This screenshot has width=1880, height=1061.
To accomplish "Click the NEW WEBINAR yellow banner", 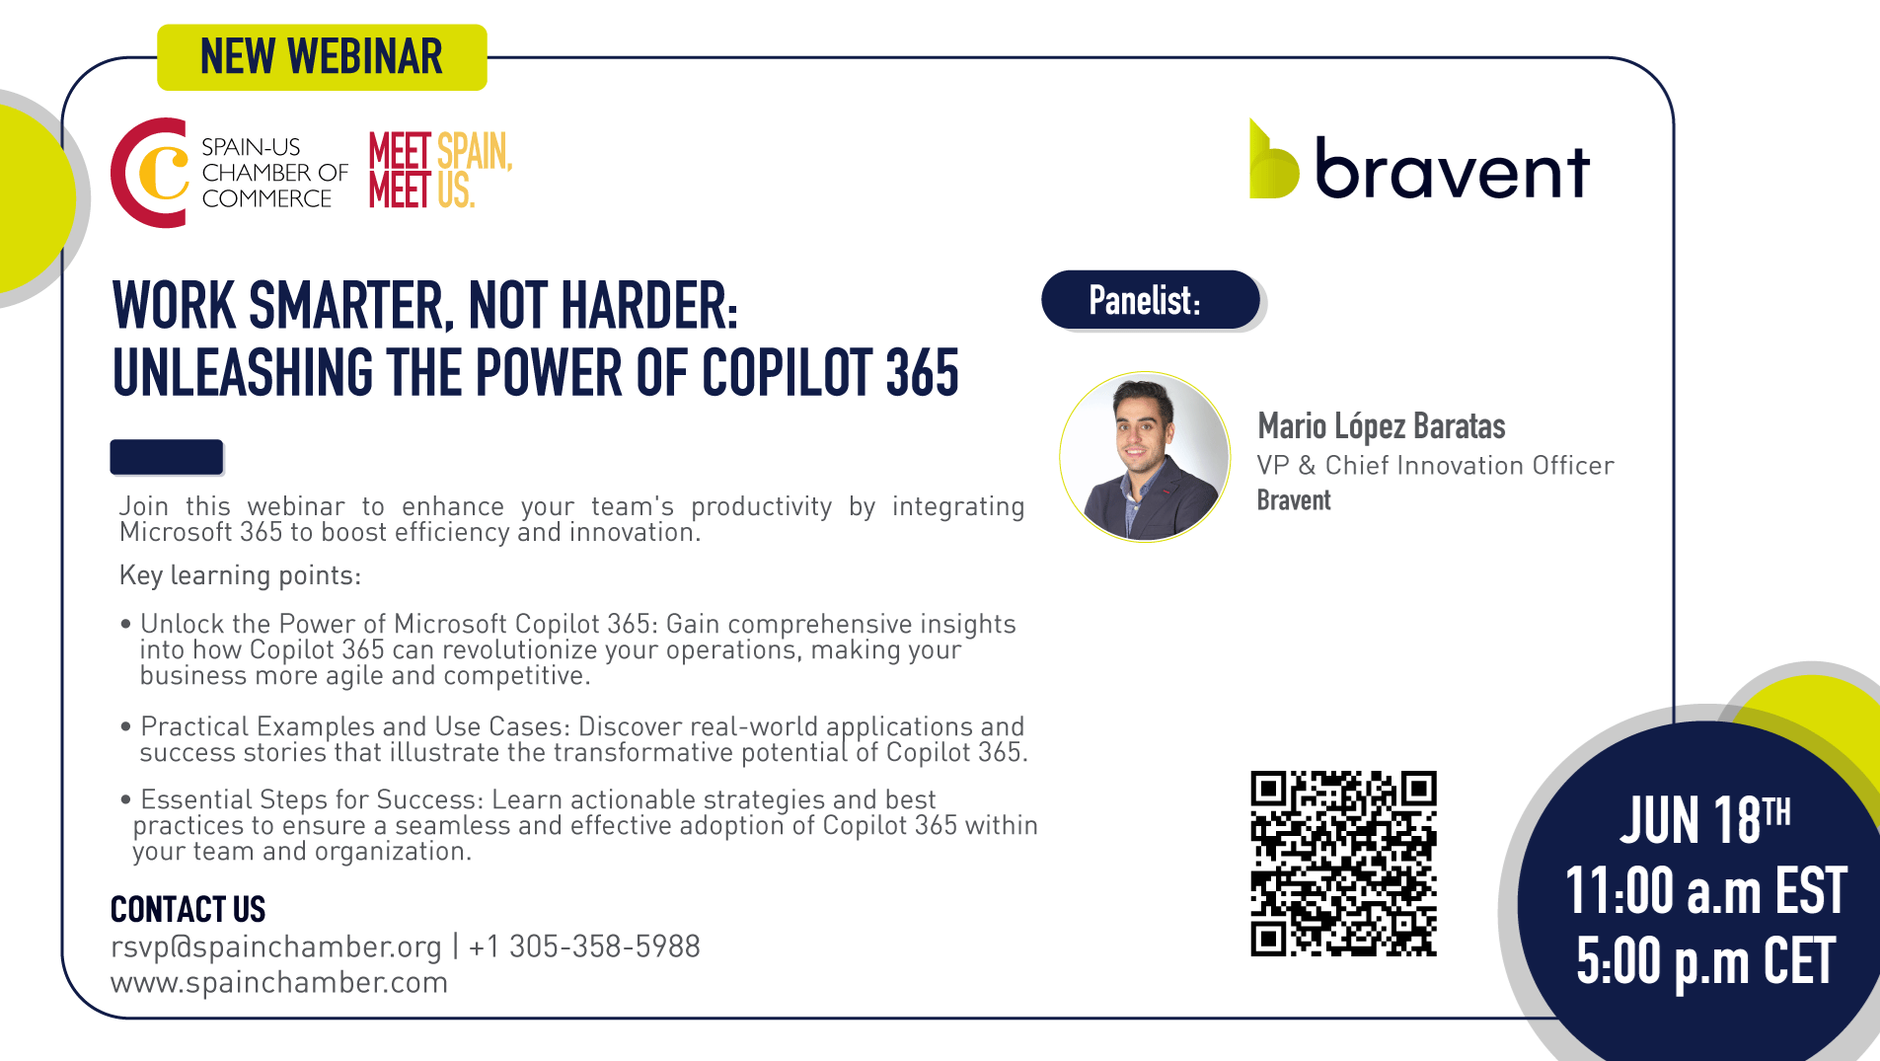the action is pos(322,57).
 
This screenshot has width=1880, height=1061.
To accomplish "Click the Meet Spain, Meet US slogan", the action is pos(441,170).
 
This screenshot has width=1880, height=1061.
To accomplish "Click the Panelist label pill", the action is pos(1151,300).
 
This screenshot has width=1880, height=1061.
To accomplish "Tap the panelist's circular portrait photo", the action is pos(1145,457).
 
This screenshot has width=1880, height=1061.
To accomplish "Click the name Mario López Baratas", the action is pos(1381,426).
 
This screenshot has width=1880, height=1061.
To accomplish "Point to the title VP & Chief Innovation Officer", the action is pos(1435,465).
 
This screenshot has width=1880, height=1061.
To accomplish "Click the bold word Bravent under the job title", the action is pos(1294,500).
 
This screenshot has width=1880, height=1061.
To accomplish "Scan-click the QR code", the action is pos(1343,864).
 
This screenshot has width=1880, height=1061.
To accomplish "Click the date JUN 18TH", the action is pos(1704,819).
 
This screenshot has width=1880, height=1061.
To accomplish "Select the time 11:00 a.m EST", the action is pos(1705,890).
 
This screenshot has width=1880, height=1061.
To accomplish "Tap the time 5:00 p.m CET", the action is pos(1705,961).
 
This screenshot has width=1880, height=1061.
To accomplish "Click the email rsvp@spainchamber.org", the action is pos(275,947).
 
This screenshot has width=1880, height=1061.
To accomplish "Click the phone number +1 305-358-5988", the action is pos(584,947).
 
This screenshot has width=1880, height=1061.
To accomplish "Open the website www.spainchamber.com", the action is pos(279,983).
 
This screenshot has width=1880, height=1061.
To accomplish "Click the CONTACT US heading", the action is pos(188,909).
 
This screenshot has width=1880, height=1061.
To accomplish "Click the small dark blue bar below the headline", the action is pos(166,457).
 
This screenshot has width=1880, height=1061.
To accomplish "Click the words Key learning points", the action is pos(240,575).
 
